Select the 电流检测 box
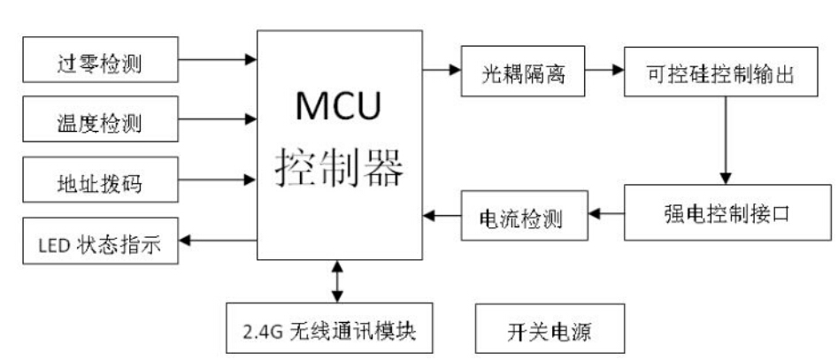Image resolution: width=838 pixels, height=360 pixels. point(524,216)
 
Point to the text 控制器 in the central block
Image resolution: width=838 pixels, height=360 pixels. point(338,165)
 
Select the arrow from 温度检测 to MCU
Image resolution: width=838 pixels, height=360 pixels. point(217,117)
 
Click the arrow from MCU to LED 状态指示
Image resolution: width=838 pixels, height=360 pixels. point(217,239)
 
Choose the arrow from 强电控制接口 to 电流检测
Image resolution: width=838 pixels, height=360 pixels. point(606,213)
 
